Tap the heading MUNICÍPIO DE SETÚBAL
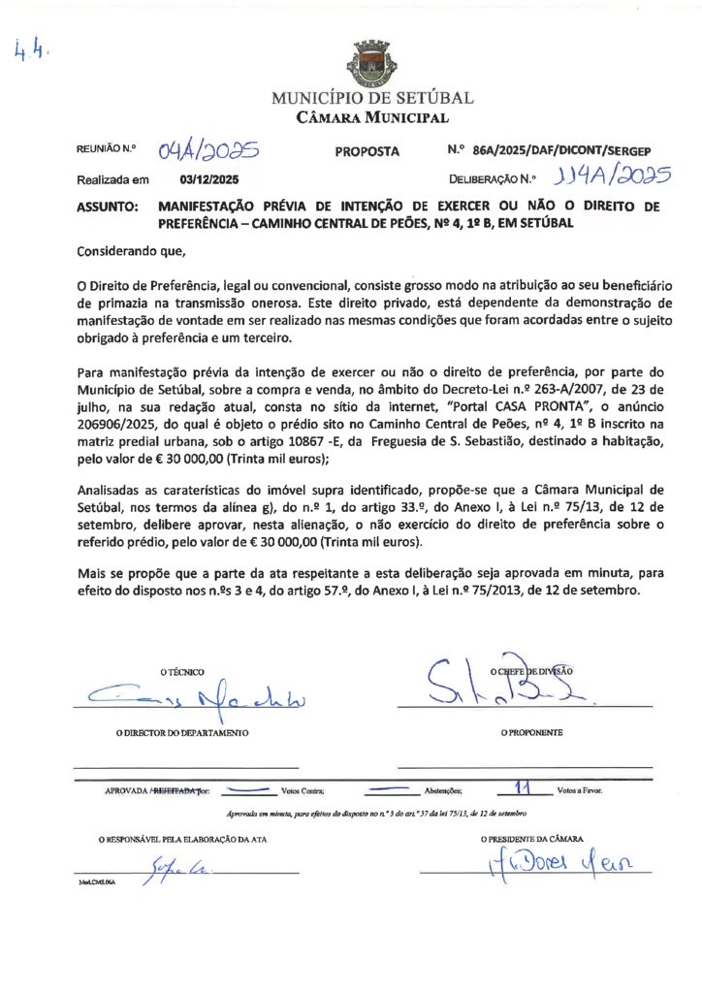pyautogui.click(x=372, y=98)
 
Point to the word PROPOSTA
pyautogui.click(x=367, y=152)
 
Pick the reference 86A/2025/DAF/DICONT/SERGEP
pyautogui.click(x=562, y=152)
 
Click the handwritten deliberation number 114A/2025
pyautogui.click(x=610, y=177)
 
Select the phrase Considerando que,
pyautogui.click(x=130, y=251)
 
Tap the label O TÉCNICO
pyautogui.click(x=182, y=672)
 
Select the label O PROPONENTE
pyautogui.click(x=531, y=733)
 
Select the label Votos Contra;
pyautogui.click(x=303, y=791)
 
